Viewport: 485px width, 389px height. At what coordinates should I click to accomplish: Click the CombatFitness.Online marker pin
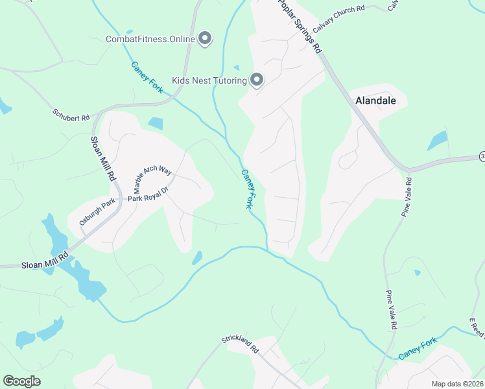pyautogui.click(x=206, y=39)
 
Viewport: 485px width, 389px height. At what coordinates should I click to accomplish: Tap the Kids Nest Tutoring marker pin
pyautogui.click(x=257, y=80)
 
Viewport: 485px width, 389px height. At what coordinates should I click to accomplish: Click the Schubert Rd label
pyautogui.click(x=71, y=115)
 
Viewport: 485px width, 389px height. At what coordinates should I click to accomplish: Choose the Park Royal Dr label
pyautogui.click(x=148, y=194)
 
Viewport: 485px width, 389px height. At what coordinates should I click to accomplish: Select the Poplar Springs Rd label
pyautogui.click(x=300, y=26)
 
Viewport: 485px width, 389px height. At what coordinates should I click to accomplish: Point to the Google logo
pyautogui.click(x=21, y=381)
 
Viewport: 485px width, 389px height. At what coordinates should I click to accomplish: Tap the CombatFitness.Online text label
pyautogui.click(x=150, y=39)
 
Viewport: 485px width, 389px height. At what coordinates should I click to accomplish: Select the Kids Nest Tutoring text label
pyautogui.click(x=209, y=80)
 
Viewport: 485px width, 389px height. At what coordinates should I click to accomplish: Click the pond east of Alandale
pyautogui.click(x=438, y=141)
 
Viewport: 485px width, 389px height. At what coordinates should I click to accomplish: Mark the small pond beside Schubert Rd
pyautogui.click(x=156, y=123)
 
